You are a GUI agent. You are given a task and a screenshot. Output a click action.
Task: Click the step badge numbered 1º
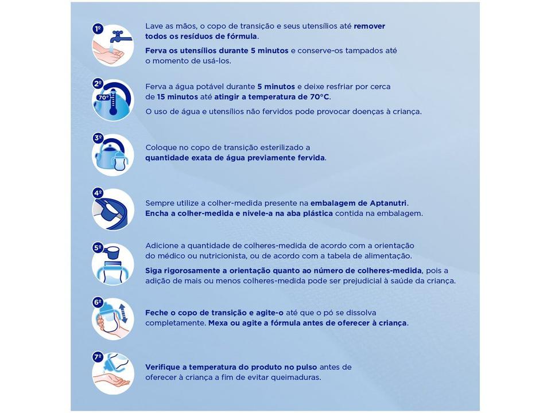[x=98, y=28]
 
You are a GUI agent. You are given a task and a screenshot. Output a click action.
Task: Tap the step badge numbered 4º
[x=98, y=193]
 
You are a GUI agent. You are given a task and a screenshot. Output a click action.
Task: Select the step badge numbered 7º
[x=98, y=357]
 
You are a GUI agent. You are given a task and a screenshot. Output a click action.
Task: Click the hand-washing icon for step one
[x=114, y=46]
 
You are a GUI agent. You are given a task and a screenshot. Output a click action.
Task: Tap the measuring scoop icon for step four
[x=114, y=210]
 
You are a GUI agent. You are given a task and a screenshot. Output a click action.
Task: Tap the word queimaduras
[x=293, y=377]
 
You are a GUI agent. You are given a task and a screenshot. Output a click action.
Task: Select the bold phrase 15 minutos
[x=177, y=97]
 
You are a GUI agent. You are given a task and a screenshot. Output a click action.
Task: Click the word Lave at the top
[x=154, y=26]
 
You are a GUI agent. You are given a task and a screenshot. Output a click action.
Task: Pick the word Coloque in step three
[x=162, y=147]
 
